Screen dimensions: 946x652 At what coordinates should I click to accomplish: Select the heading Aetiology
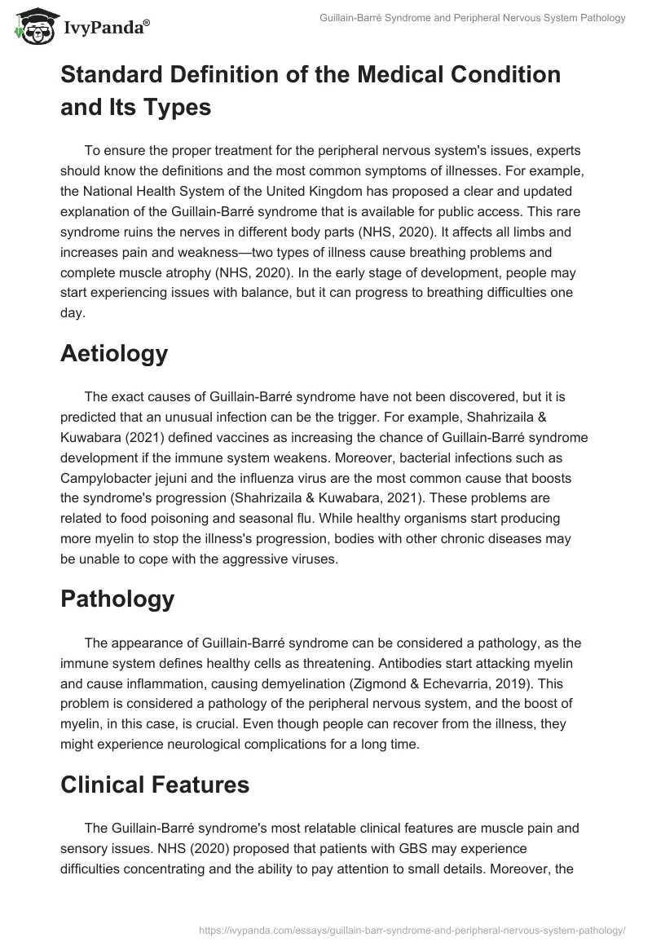tap(114, 354)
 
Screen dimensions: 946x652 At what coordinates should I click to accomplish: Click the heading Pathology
tap(117, 599)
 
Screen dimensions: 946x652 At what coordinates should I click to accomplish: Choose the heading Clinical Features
tap(155, 785)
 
